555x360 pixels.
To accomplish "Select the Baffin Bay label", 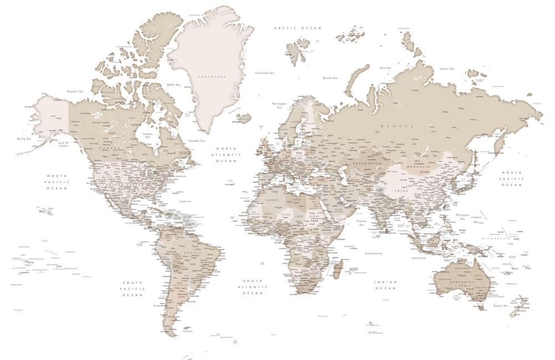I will [174, 85].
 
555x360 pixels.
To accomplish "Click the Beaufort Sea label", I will [75, 92].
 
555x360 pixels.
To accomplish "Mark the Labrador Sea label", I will [196, 141].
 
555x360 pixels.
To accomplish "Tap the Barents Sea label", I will [331, 78].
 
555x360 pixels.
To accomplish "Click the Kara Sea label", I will [385, 68].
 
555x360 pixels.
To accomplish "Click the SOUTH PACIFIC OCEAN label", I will [133, 288].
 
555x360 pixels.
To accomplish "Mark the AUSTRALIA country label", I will [462, 283].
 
